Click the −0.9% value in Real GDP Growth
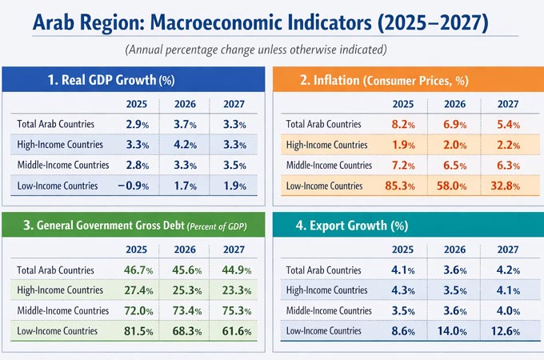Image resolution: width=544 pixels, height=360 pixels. point(134,186)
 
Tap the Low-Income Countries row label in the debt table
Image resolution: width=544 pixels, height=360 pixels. point(58,330)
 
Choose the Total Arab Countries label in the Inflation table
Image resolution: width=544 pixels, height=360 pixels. point(324,125)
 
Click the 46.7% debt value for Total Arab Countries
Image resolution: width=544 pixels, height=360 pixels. point(135,270)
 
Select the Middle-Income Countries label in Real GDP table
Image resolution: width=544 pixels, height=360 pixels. point(61,165)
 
